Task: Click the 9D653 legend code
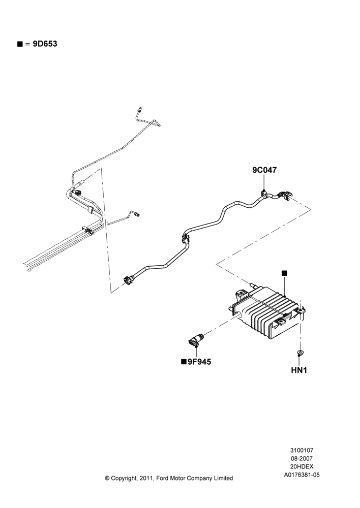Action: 45,44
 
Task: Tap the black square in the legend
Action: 20,44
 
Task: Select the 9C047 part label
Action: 264,170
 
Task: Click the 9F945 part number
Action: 199,362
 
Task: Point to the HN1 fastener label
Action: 299,370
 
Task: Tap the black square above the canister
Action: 284,273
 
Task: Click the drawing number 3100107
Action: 302,450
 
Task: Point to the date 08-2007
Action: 302,458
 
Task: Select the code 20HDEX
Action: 302,466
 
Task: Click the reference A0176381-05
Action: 302,475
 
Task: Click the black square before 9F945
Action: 184,362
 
